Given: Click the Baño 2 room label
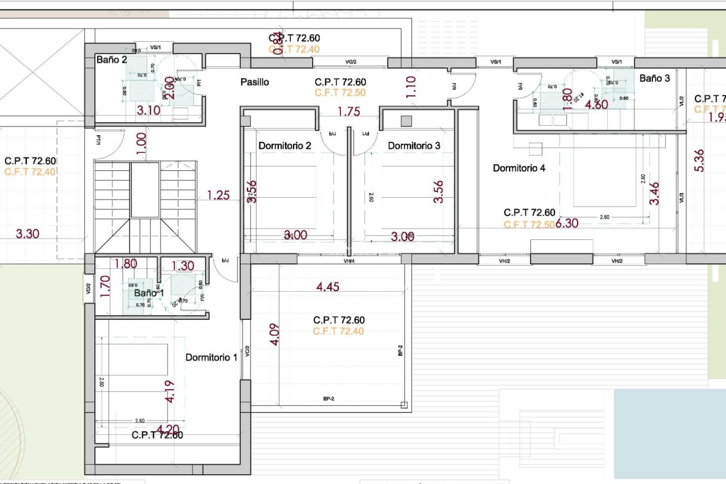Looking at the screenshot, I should [112, 60].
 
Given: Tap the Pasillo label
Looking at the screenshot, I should [254, 82].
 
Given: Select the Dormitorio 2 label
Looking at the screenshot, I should [285, 146].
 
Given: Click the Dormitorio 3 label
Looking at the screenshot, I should [414, 146].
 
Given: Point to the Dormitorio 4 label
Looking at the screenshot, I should [519, 168].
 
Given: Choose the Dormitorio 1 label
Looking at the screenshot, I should [211, 357].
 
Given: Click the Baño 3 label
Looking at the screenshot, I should [655, 78].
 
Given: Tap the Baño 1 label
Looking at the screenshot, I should [149, 293].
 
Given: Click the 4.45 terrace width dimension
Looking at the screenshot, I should [327, 287].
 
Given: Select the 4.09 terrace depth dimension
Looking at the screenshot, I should [275, 334].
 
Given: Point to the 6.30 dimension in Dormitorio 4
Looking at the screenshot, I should [567, 223].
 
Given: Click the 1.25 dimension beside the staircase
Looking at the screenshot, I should [218, 195].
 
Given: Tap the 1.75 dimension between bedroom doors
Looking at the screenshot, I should [349, 112].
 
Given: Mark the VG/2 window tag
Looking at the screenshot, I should [351, 62].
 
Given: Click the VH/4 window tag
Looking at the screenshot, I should [349, 261].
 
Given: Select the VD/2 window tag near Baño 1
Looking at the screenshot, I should [88, 289].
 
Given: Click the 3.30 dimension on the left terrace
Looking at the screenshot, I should [27, 234].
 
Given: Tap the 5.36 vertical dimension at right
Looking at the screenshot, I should [699, 161].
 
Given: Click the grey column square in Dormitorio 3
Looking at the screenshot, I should [406, 121].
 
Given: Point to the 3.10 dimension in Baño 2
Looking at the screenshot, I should [148, 110].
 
